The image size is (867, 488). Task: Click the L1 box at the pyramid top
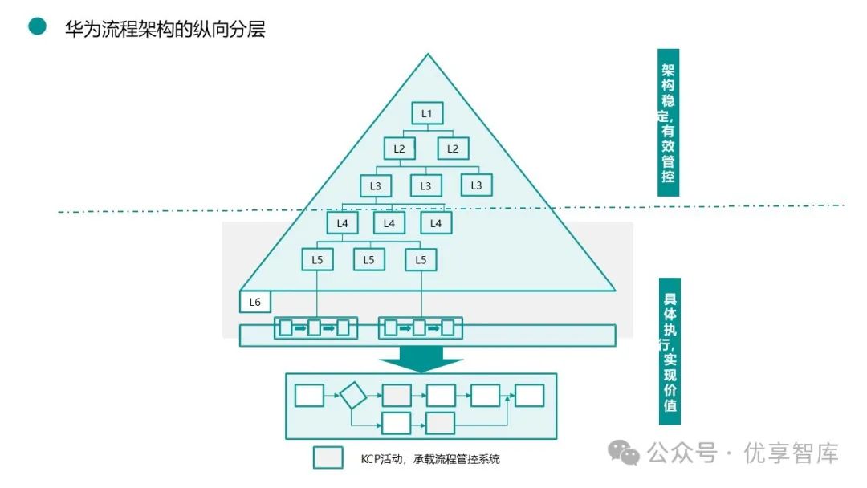tap(427, 113)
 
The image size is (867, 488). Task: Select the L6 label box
tap(255, 302)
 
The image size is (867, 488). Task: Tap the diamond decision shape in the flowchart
tap(352, 396)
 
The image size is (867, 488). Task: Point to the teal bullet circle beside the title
tap(37, 26)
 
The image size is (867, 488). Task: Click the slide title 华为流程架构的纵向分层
tap(165, 29)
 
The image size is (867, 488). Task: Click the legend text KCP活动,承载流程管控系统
tap(430, 459)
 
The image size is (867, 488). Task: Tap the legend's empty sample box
tap(328, 458)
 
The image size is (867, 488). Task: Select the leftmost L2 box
tap(399, 148)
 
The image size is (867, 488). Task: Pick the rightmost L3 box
tap(476, 185)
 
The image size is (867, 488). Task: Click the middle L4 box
tap(389, 222)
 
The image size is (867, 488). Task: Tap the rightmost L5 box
tap(421, 259)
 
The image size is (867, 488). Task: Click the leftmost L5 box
tap(317, 259)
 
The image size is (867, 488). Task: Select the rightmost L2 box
tap(453, 148)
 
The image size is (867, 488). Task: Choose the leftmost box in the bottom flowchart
tap(309, 396)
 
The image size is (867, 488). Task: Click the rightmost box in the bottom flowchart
tap(529, 396)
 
